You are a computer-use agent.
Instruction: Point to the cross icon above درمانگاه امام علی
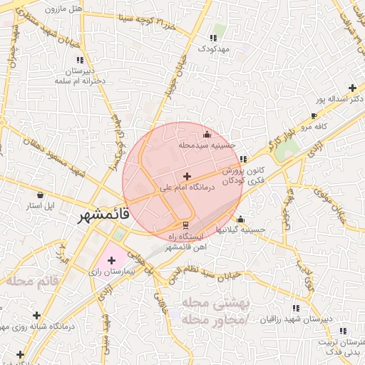tap(187, 176)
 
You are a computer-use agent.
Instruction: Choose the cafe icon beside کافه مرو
tap(314, 115)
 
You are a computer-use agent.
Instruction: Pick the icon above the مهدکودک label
tap(212, 38)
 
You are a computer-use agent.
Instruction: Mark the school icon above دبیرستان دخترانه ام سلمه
tap(79, 60)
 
